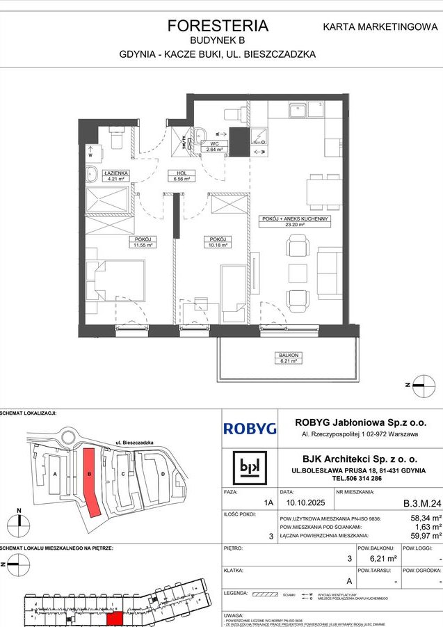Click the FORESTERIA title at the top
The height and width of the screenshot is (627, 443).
coord(218,26)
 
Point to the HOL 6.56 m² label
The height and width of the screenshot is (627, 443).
coord(182,175)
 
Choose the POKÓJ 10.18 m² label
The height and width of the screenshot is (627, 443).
coord(213,242)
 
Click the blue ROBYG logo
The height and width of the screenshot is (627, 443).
coord(250,429)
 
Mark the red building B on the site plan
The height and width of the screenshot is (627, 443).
coord(91,482)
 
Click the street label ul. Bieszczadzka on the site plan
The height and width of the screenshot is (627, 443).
coord(134,442)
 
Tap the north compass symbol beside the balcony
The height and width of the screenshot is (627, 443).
coord(422,381)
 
